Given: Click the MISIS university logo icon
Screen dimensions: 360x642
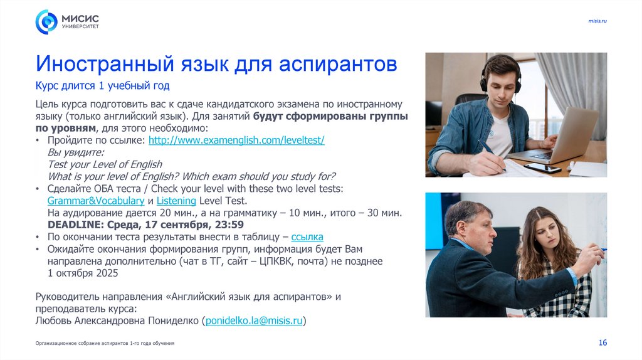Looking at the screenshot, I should pyautogui.click(x=46, y=22).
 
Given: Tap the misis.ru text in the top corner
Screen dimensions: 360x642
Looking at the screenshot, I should pyautogui.click(x=597, y=21).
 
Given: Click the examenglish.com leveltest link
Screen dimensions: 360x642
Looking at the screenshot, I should pyautogui.click(x=236, y=140).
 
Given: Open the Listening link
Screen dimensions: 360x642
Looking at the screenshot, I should pyautogui.click(x=176, y=201).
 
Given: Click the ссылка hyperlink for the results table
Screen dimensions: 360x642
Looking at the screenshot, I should pyautogui.click(x=307, y=237).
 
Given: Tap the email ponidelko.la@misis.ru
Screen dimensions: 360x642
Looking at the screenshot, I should pyautogui.click(x=254, y=320).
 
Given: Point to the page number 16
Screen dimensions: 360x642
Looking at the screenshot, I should pyautogui.click(x=603, y=342).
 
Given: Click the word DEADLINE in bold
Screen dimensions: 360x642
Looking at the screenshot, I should pyautogui.click(x=72, y=225).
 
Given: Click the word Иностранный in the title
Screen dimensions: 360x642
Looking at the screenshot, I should pyautogui.click(x=103, y=64).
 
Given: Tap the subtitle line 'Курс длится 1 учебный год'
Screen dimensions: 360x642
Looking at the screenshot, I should pyautogui.click(x=102, y=85).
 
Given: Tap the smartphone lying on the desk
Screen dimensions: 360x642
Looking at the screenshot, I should pyautogui.click(x=542, y=167).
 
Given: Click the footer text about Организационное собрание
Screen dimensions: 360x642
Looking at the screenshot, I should pyautogui.click(x=105, y=343).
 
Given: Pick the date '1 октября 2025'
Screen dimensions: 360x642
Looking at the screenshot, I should pyautogui.click(x=83, y=273).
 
